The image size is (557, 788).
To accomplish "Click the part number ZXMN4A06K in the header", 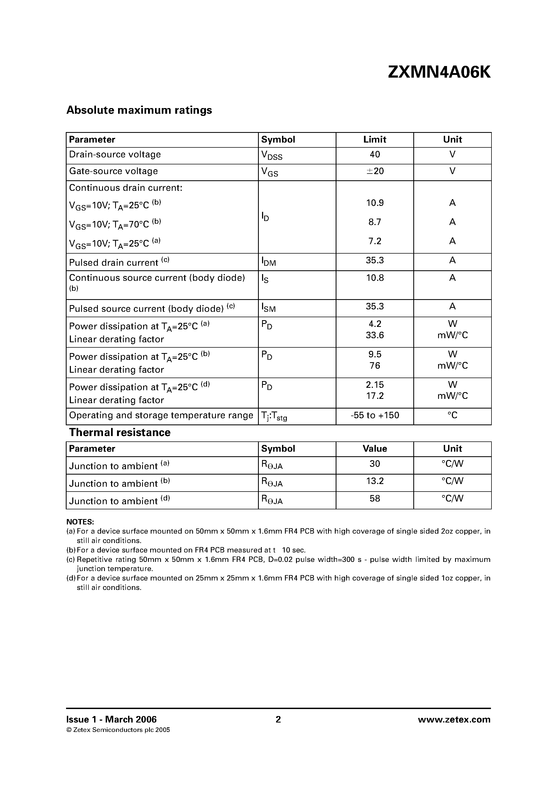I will click(439, 72).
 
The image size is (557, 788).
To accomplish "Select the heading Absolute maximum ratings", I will click(139, 110).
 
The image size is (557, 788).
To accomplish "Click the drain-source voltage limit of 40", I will click(375, 154).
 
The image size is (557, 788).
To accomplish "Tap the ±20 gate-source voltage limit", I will click(375, 171).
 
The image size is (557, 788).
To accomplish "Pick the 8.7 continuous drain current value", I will click(375, 222).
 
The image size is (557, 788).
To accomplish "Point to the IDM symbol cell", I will click(269, 262).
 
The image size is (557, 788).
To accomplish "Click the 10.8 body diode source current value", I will click(375, 278).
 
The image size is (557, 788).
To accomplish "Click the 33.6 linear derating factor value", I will click(375, 335).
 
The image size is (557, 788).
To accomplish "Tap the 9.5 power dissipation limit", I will click(375, 354).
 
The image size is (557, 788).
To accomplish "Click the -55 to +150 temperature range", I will click(375, 416).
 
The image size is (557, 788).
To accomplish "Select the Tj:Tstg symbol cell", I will click(274, 416).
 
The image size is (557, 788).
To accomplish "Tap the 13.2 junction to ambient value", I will click(375, 481).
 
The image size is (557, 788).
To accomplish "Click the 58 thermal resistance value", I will click(375, 498).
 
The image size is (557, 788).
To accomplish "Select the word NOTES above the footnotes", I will click(80, 522).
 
